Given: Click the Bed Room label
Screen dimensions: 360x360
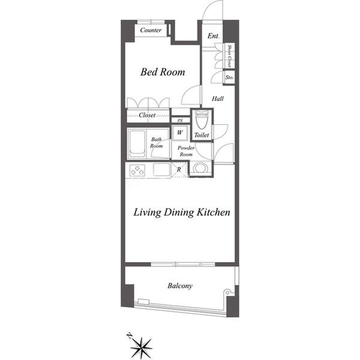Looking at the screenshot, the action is (x=163, y=72).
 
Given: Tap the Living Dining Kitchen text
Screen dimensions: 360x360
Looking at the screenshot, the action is (x=182, y=212).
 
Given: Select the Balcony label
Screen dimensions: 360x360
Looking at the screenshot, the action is (x=180, y=286).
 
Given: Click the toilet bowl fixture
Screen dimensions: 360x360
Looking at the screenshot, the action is (x=202, y=119).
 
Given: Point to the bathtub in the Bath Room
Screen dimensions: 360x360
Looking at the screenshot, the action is (x=137, y=144).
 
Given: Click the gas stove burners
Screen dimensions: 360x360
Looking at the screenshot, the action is (x=137, y=170).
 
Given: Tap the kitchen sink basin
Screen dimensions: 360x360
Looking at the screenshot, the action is (x=161, y=170).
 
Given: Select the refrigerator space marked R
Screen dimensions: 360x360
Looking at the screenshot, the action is (x=179, y=170).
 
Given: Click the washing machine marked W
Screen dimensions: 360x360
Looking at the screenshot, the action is (x=180, y=133).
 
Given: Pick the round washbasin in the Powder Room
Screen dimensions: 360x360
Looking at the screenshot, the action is (x=200, y=168).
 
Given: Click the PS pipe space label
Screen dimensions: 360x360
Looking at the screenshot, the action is (x=180, y=121).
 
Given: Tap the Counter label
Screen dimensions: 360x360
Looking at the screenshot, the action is (x=151, y=30).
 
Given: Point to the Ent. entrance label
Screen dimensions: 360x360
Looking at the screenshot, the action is (x=214, y=36).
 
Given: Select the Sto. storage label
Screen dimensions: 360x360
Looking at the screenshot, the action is (x=229, y=77).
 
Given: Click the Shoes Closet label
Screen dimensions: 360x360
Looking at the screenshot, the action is (x=229, y=56).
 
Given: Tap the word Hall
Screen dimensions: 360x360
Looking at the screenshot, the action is (x=218, y=99).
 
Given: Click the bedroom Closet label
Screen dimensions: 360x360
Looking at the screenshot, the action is (x=147, y=115).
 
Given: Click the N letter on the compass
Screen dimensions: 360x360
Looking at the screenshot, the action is (x=130, y=336).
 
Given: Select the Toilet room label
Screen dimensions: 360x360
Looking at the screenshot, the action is (x=202, y=135).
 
